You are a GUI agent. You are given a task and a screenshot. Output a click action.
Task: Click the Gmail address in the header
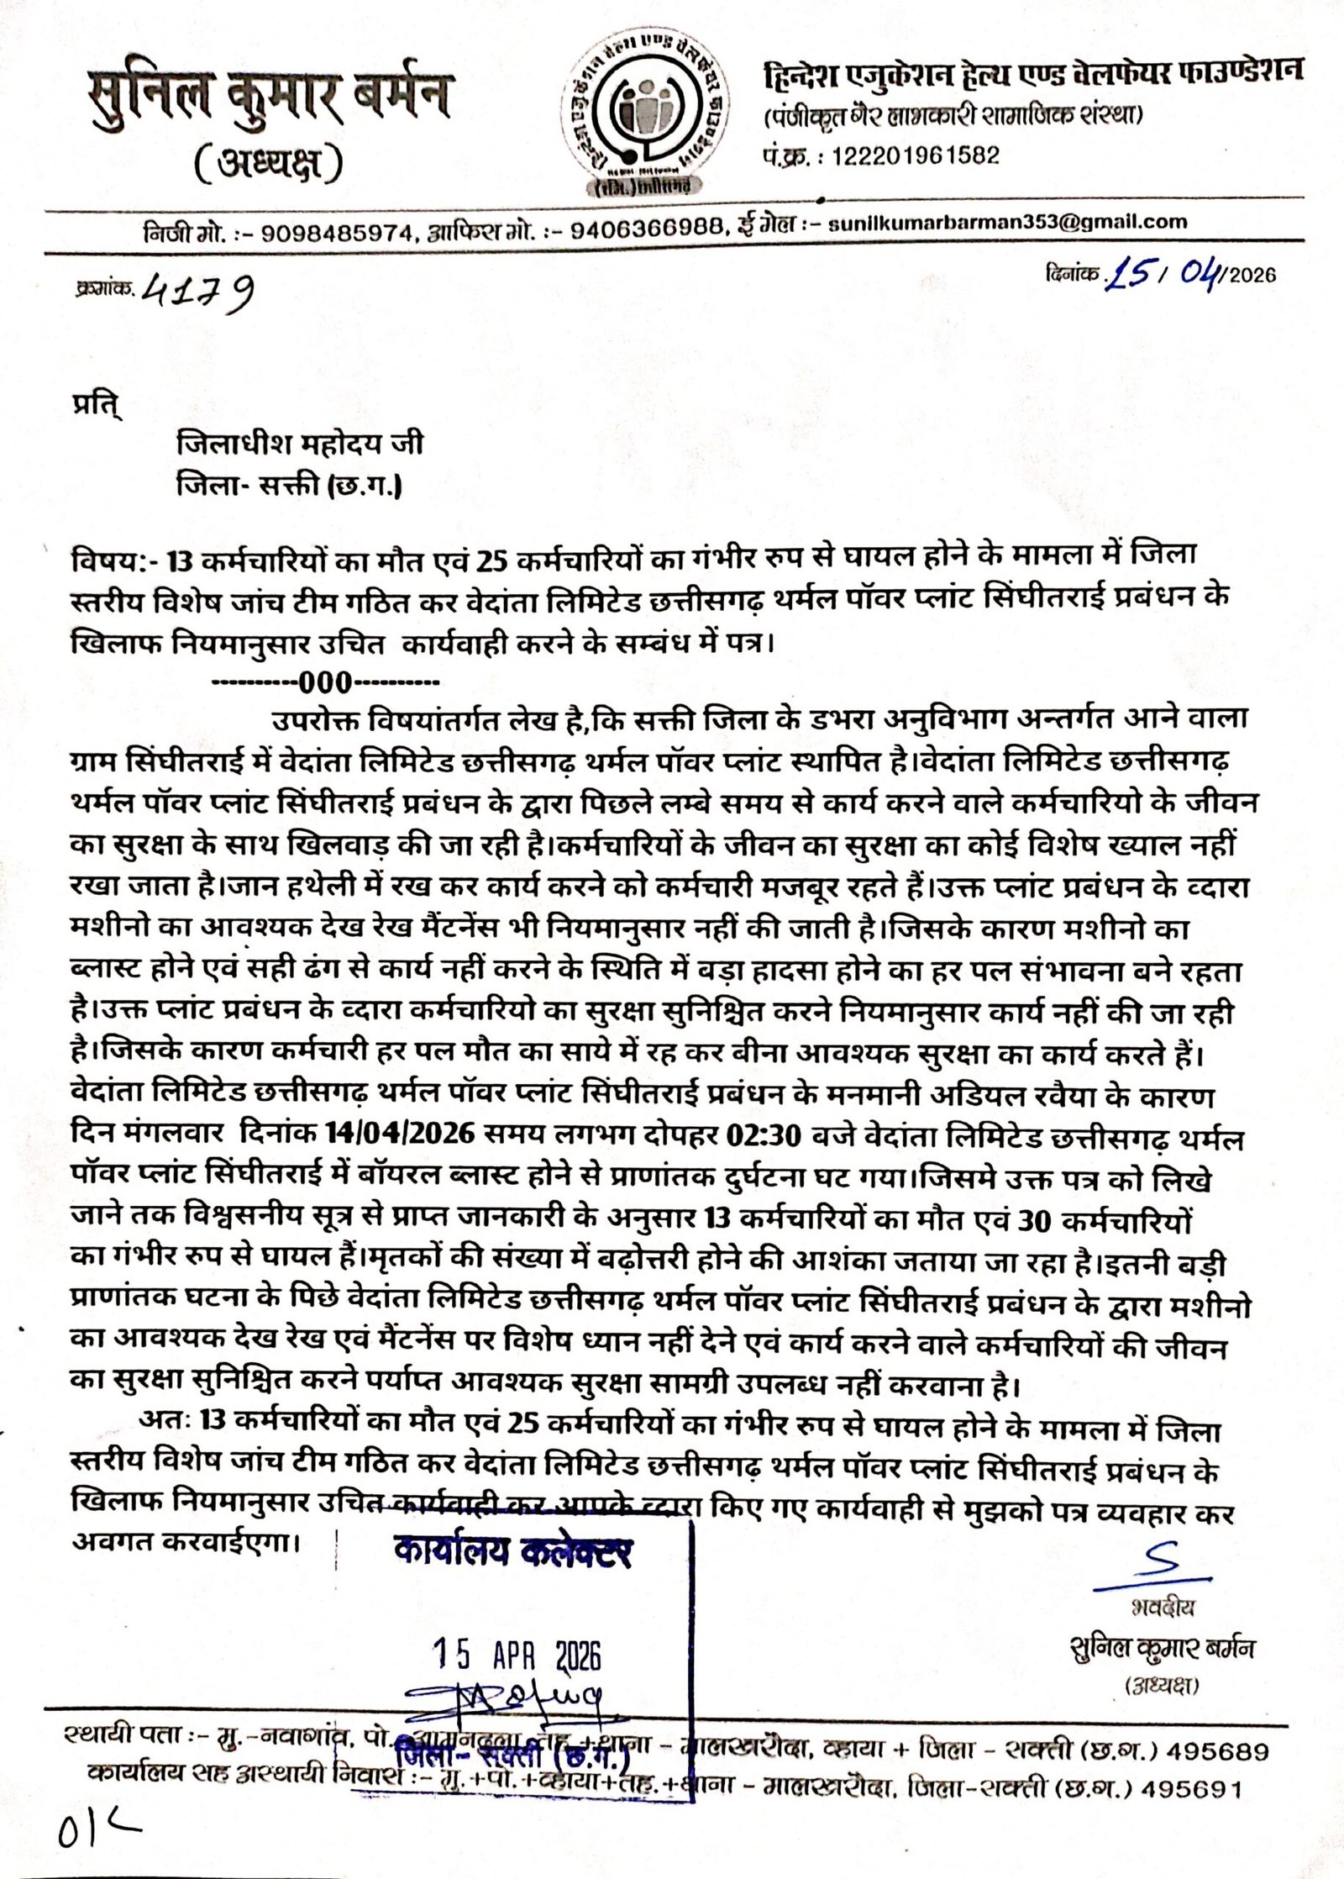click(x=1007, y=223)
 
